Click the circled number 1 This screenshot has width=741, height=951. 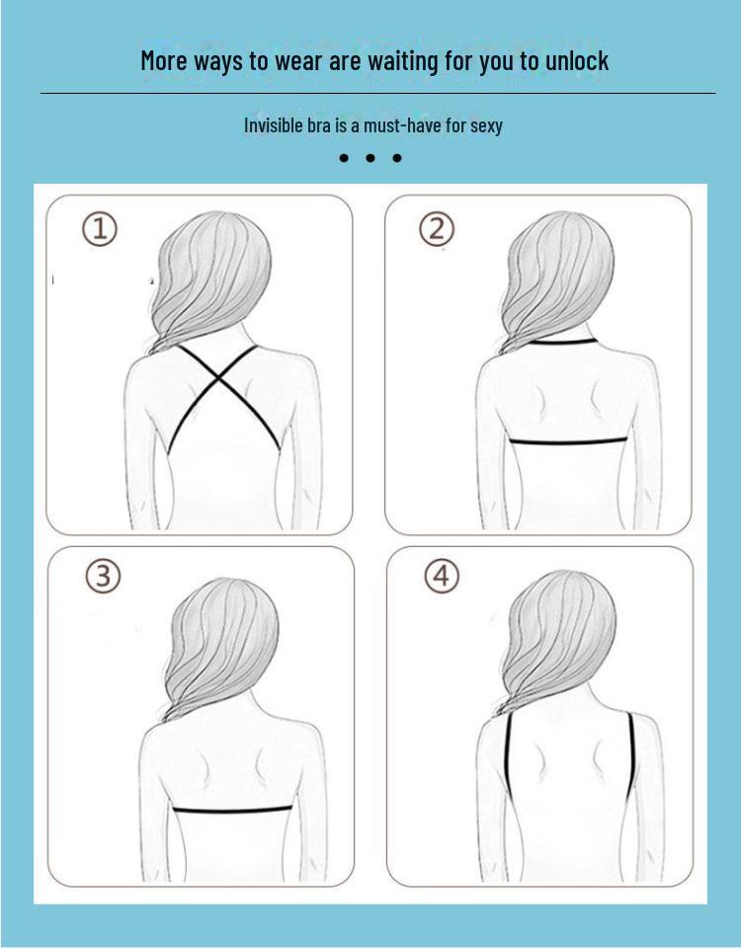[100, 229]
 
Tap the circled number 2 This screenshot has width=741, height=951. [437, 229]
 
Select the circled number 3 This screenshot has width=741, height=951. [103, 576]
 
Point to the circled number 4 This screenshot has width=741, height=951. [442, 576]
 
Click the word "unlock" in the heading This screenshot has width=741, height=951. [577, 60]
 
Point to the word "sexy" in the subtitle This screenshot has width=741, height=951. [487, 126]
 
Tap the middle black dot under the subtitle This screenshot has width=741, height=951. [370, 158]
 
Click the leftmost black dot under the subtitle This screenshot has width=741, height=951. [344, 158]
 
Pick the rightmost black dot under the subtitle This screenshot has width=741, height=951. [397, 158]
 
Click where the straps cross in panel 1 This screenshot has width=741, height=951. [219, 378]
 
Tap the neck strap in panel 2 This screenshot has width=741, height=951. [562, 342]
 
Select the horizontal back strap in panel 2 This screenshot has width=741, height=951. [568, 440]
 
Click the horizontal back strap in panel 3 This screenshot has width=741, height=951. [232, 809]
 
